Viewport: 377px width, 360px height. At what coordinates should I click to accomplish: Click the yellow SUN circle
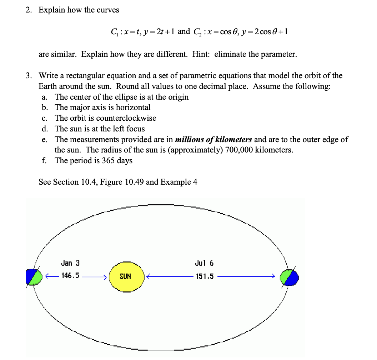(126, 276)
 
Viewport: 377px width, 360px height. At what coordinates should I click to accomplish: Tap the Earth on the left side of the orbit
(34, 276)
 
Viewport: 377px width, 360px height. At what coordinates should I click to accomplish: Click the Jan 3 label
(70, 263)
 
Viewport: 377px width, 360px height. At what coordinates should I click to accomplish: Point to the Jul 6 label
(204, 263)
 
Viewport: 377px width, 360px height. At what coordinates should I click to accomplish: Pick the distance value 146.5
(70, 276)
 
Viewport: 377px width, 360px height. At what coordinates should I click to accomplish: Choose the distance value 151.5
(205, 276)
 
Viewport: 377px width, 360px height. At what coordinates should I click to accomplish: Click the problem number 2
(28, 10)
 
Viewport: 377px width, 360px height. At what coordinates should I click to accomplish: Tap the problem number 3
(28, 76)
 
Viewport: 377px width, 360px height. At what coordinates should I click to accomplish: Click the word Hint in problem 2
(200, 54)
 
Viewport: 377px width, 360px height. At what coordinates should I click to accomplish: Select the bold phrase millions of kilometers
(214, 139)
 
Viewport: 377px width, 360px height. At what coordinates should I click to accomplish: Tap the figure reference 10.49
(135, 182)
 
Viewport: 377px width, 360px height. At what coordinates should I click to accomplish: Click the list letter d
(44, 129)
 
